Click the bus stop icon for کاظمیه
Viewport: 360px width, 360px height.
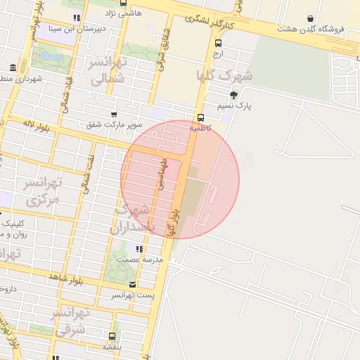pyautogui.click(x=200, y=117)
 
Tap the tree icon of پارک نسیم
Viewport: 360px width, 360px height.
pyautogui.click(x=233, y=94)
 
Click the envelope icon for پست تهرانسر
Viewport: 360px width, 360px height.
pyautogui.click(x=134, y=284)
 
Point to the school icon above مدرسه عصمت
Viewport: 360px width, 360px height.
pyautogui.click(x=140, y=249)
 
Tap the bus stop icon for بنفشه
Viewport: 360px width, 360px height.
pyautogui.click(x=112, y=335)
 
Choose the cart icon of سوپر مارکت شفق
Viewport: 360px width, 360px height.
pyautogui.click(x=114, y=114)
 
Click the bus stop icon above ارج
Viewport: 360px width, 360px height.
pyautogui.click(x=218, y=42)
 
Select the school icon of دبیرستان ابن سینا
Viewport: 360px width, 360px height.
pyautogui.click(x=76, y=18)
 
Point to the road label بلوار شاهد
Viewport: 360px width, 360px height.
pyautogui.click(x=66, y=280)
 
